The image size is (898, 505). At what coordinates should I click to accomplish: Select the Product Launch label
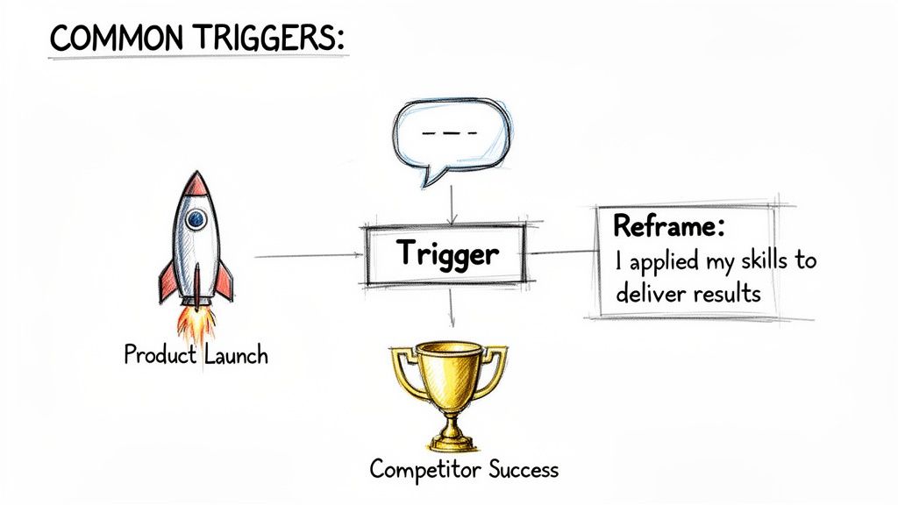point(196,355)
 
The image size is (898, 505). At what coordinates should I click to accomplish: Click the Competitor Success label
point(464,469)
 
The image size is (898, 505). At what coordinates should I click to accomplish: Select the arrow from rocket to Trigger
point(307,256)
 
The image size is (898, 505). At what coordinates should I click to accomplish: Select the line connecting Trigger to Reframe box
point(561,253)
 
